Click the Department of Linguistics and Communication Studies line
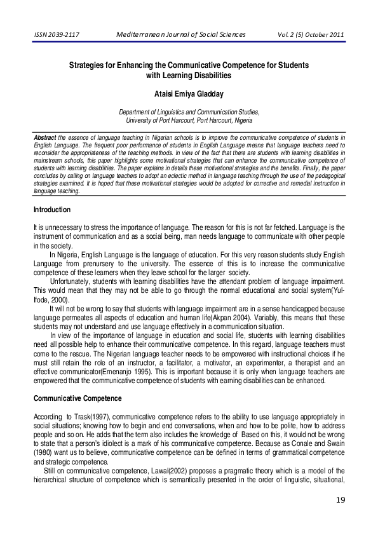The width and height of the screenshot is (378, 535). [x=189, y=112]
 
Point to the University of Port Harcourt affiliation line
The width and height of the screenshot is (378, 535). [x=189, y=119]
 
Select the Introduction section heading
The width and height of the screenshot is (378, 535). [x=51, y=210]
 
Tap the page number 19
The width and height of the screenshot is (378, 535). [x=341, y=501]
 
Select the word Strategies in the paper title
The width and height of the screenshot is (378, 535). [x=90, y=65]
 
